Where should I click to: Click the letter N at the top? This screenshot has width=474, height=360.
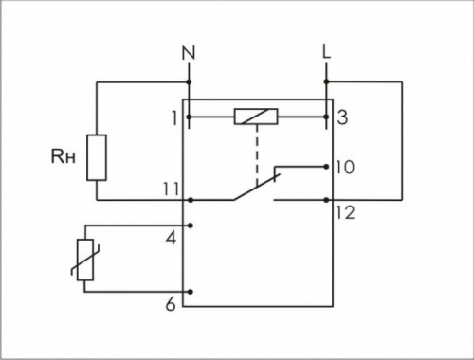[x=189, y=53]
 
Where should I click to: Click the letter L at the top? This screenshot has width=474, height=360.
[x=327, y=52]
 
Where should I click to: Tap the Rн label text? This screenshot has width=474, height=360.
[x=64, y=156]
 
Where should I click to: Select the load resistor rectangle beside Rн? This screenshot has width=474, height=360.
[x=97, y=157]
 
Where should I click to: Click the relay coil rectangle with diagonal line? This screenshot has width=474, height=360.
[x=256, y=117]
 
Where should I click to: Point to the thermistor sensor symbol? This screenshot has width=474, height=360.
[x=85, y=260]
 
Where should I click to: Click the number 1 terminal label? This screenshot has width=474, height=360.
[x=174, y=118]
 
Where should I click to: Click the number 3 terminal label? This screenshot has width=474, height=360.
[x=342, y=117]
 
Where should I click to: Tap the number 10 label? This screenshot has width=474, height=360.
[x=345, y=168]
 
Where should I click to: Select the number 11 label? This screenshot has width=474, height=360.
[x=171, y=189]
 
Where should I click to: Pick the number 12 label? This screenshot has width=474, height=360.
[x=345, y=213]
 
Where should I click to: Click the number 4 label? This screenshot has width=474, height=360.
[x=172, y=239]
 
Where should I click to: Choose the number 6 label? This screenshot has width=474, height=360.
[x=171, y=305]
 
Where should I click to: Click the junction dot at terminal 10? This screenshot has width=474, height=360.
[x=326, y=167]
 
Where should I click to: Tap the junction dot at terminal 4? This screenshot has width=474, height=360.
[x=191, y=225]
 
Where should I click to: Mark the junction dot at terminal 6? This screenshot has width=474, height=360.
[x=191, y=292]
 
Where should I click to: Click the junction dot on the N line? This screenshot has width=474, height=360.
[x=189, y=82]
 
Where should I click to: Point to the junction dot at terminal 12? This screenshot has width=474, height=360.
[x=327, y=200]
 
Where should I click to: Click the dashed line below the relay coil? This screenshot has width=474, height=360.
[x=257, y=154]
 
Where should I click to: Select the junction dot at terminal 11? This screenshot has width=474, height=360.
[x=191, y=200]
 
